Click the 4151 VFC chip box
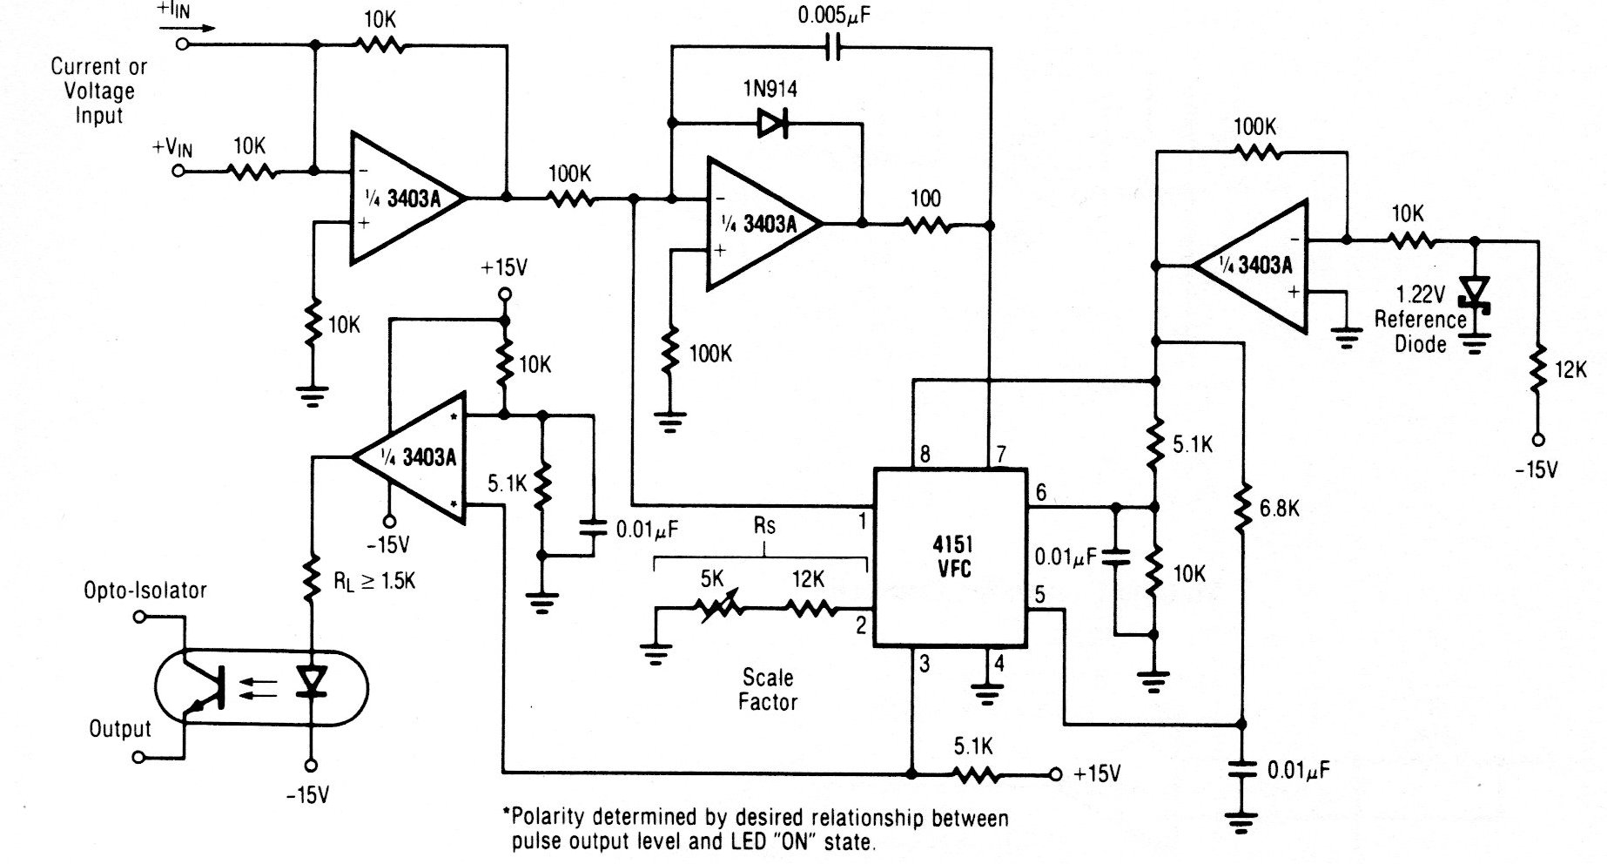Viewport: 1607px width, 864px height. coord(951,558)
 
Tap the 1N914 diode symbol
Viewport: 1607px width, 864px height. coord(772,124)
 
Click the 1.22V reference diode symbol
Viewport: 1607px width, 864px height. coord(1475,293)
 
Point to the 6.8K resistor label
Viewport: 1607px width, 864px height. coord(1279,508)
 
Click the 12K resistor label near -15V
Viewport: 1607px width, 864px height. coord(1570,369)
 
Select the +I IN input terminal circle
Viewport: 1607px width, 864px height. coord(182,44)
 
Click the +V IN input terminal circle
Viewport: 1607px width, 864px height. coord(178,172)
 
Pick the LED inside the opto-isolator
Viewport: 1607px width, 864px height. coord(310,682)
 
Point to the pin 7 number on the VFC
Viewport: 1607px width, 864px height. coord(1001,454)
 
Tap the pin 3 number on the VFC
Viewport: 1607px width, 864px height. coord(924,664)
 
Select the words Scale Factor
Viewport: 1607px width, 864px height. coord(768,689)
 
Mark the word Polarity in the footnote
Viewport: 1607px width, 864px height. coord(551,818)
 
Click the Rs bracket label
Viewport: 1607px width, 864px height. coord(763,526)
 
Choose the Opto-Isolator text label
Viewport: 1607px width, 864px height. coord(145,591)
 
